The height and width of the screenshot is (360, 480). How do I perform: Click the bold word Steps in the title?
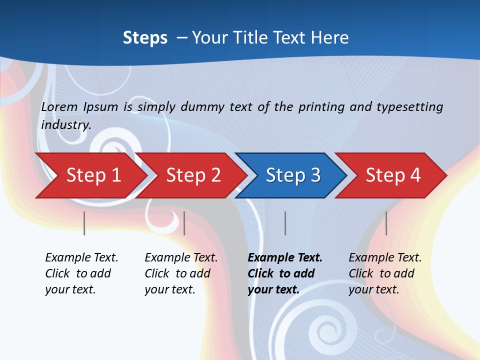pos(145,37)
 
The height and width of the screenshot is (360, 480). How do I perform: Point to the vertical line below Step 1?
pos(84,223)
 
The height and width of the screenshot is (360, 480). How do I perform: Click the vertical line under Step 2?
pos(184,223)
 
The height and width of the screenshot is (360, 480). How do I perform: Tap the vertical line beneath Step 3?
pos(285,223)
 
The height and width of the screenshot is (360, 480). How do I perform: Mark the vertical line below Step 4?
pos(386,223)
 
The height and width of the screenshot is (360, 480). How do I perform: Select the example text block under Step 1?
pos(81,273)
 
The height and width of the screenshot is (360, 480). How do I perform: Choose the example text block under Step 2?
pos(181,273)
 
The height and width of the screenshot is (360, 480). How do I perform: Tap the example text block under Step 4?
pos(385,273)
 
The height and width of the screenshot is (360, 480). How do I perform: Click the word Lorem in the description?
pos(59,106)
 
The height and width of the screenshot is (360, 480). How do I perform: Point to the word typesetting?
pos(409,106)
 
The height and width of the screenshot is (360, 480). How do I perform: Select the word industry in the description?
pos(65,124)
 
